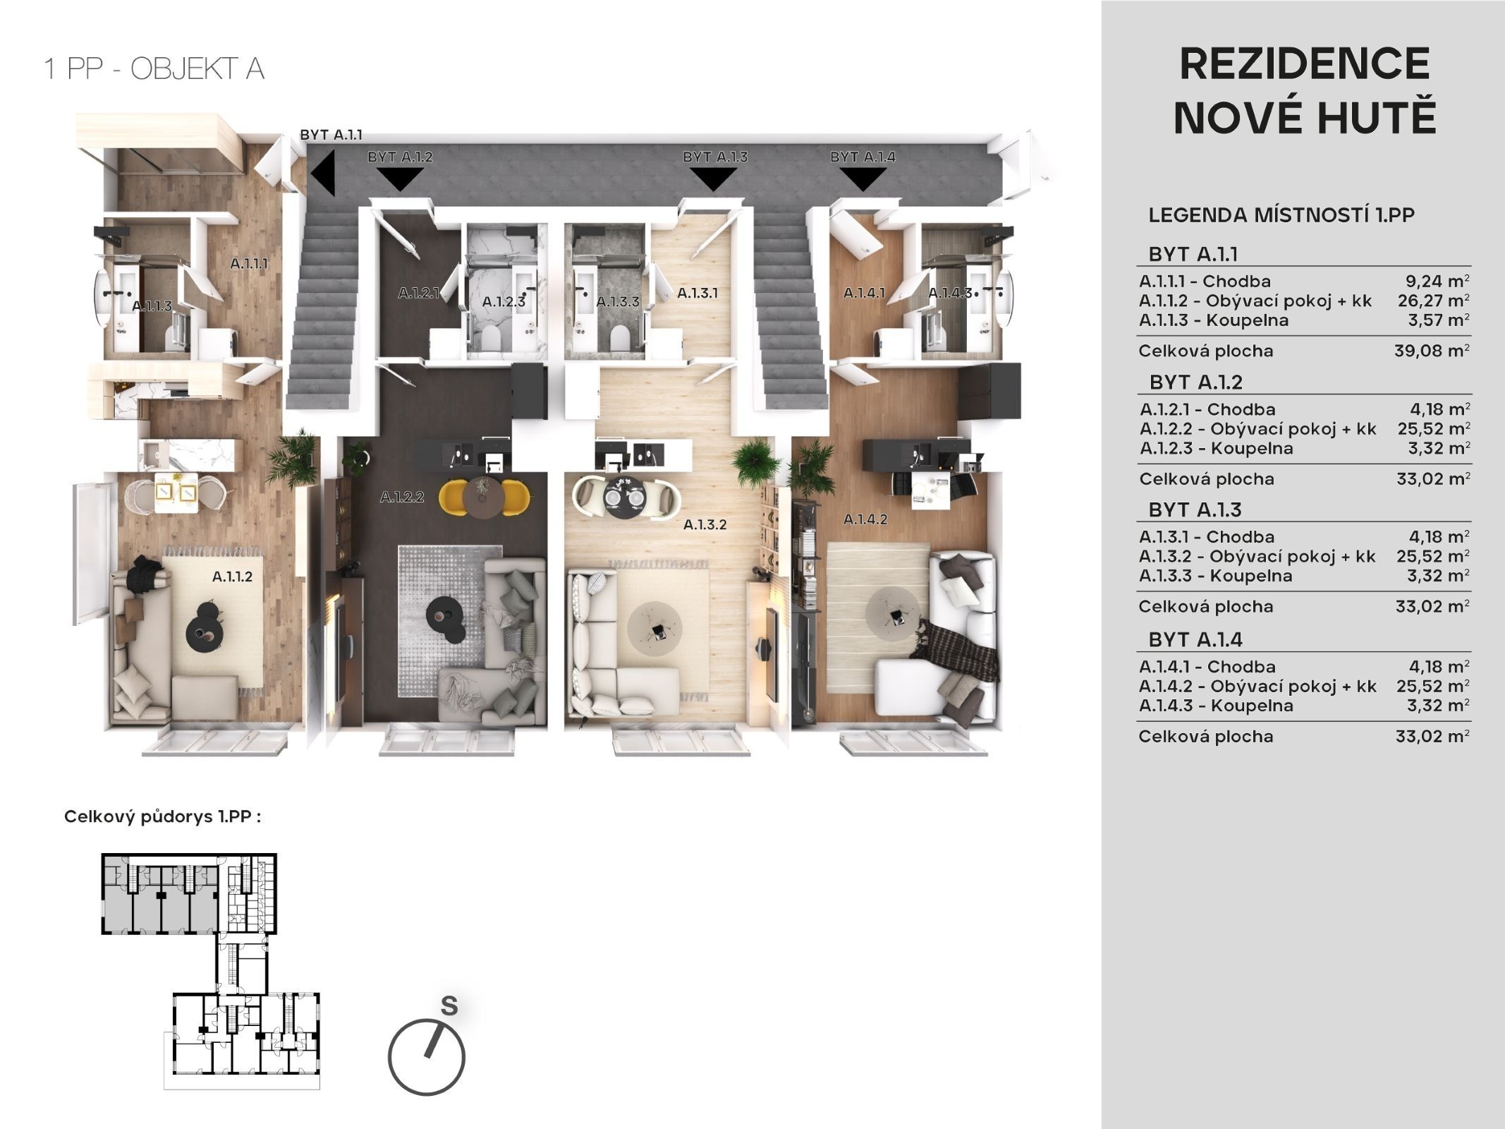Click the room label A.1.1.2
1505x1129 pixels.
(232, 576)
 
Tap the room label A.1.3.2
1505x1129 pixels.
(705, 524)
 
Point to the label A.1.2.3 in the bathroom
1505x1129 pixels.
(504, 302)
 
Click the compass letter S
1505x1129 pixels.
(449, 1006)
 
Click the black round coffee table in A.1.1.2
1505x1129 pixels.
(205, 622)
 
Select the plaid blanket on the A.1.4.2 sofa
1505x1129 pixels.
(963, 652)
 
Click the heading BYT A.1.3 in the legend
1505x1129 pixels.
(1195, 509)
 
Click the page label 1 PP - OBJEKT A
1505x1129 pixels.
(154, 69)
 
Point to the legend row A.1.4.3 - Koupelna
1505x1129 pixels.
(1216, 706)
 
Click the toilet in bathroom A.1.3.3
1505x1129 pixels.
(619, 337)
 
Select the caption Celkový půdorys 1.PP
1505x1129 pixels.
(162, 817)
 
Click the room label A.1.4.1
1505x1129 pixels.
(864, 292)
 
